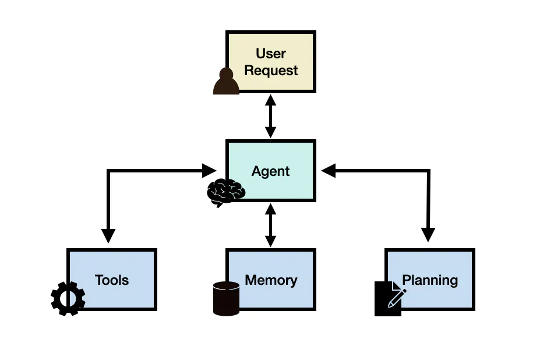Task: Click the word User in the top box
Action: (271, 54)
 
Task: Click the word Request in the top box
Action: (271, 70)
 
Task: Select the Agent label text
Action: (271, 171)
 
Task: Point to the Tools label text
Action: (112, 280)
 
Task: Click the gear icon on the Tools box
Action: (68, 298)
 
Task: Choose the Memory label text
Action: (271, 280)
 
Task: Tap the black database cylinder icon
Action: (226, 298)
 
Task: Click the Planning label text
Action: (430, 280)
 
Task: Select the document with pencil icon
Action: (389, 299)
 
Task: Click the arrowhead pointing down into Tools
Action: (108, 235)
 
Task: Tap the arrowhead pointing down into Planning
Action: (428, 235)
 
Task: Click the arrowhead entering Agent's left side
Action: (209, 171)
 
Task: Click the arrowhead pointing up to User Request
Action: (270, 100)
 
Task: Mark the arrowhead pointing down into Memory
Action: (270, 240)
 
